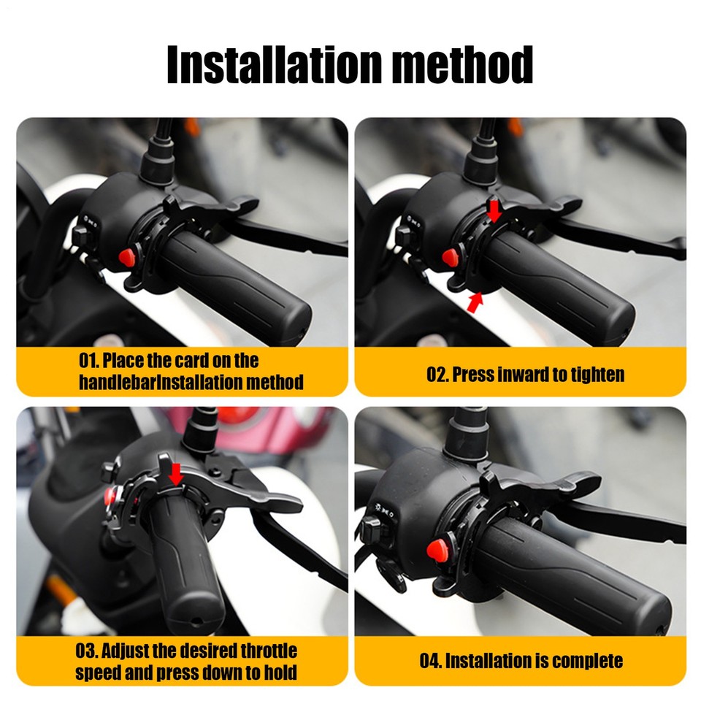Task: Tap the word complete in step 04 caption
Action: [588, 662]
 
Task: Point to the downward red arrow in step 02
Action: [495, 211]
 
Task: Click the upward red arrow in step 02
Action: [475, 301]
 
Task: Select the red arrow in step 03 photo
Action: [175, 475]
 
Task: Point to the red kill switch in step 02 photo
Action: [449, 256]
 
